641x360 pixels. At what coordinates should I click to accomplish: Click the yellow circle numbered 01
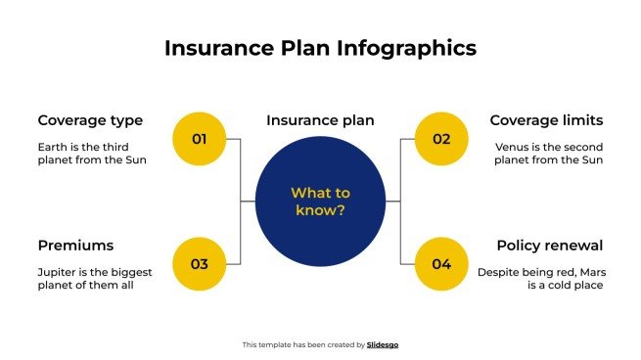pos(200,139)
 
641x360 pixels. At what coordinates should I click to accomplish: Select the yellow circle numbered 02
pos(441,139)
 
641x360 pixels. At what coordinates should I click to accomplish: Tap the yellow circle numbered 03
pos(200,263)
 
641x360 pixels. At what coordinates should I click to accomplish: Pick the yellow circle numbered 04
pos(441,263)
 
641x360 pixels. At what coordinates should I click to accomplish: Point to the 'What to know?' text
pos(320,202)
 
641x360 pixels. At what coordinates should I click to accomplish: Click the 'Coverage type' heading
pos(90,120)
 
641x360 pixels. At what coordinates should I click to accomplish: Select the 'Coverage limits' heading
pos(546,120)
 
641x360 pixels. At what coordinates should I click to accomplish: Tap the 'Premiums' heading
pos(75,245)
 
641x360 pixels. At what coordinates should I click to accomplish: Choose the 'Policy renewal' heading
pos(549,245)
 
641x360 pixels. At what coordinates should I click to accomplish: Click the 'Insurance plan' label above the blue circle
pos(320,120)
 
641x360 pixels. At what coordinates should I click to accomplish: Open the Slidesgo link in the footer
pos(383,344)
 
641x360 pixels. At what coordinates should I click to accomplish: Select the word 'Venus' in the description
pos(512,147)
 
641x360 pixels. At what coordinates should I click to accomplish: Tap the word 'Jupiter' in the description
pos(60,271)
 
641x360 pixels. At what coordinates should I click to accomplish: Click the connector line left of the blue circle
pos(248,202)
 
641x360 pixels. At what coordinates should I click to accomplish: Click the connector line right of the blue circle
pos(393,202)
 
